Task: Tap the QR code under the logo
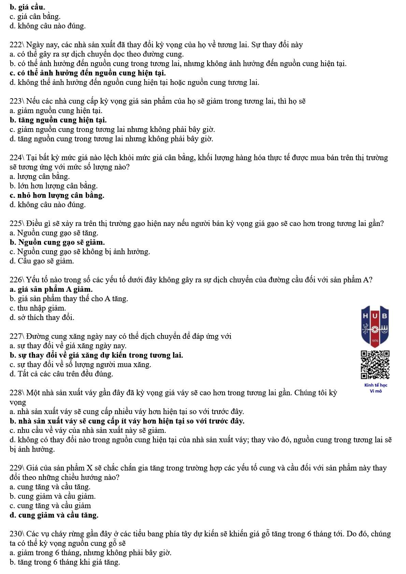click(x=375, y=365)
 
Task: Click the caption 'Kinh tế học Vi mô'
click(x=376, y=388)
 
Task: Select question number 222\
click(x=17, y=45)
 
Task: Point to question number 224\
click(x=17, y=157)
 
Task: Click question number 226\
click(x=17, y=280)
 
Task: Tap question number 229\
click(x=17, y=468)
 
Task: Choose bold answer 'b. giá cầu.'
click(x=27, y=7)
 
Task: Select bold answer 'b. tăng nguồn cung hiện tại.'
click(x=58, y=120)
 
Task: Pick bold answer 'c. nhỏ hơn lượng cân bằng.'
click(x=57, y=195)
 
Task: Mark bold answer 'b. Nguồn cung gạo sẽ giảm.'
click(x=57, y=242)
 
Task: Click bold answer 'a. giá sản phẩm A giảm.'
click(x=51, y=289)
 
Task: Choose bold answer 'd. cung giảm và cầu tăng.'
click(x=54, y=515)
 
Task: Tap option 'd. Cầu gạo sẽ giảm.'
click(x=42, y=261)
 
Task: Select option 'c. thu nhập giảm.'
click(x=38, y=308)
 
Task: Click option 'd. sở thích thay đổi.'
click(x=42, y=318)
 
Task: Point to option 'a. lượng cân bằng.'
click(x=40, y=177)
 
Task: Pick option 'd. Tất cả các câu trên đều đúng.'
click(x=61, y=374)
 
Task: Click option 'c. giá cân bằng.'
click(x=35, y=16)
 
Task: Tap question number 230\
click(x=17, y=534)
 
